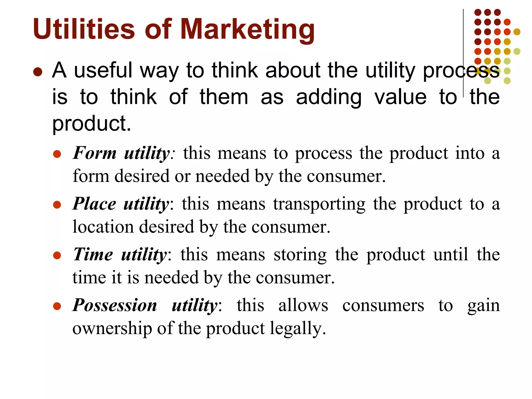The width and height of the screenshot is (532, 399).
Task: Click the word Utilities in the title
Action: coord(84,29)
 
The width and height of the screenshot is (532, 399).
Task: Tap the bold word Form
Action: coord(95,153)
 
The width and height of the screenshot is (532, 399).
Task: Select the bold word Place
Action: coord(94,204)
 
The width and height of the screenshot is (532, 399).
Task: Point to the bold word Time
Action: coord(93,254)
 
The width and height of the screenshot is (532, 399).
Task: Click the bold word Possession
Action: coord(115,305)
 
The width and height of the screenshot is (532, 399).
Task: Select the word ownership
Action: coord(112,329)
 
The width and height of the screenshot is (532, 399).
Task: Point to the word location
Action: coord(103,227)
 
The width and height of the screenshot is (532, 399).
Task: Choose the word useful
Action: coord(103,70)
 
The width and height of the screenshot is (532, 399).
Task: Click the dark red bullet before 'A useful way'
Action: coord(38,72)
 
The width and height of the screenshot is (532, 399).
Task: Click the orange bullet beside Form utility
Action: coord(57,154)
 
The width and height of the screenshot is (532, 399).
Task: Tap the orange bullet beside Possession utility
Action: coord(57,306)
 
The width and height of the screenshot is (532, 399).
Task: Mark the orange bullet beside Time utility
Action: coord(57,255)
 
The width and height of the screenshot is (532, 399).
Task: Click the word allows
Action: coord(303,305)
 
